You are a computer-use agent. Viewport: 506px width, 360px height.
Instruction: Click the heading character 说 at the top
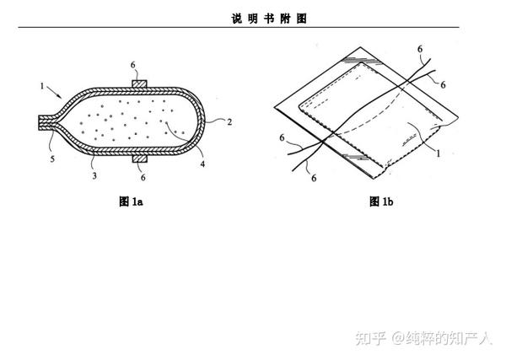coord(235,19)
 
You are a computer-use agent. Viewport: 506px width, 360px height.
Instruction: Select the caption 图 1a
coord(132,202)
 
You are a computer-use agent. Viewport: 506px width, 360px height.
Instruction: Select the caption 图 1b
coord(381,202)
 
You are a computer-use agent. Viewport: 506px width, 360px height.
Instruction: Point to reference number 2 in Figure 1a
coord(230,121)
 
